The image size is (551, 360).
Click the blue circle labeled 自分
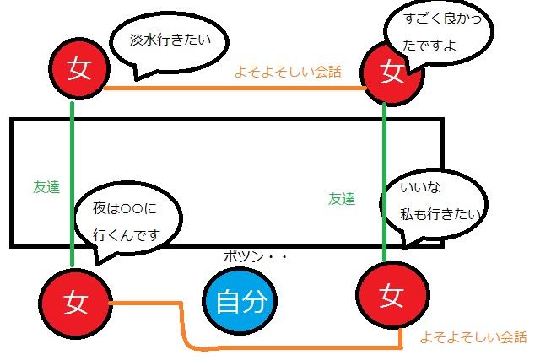point(240,301)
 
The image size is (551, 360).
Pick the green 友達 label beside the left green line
point(46,188)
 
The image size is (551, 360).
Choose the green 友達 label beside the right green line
point(342,199)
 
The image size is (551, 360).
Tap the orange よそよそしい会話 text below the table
point(473,337)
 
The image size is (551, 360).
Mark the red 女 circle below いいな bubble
point(389,295)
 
